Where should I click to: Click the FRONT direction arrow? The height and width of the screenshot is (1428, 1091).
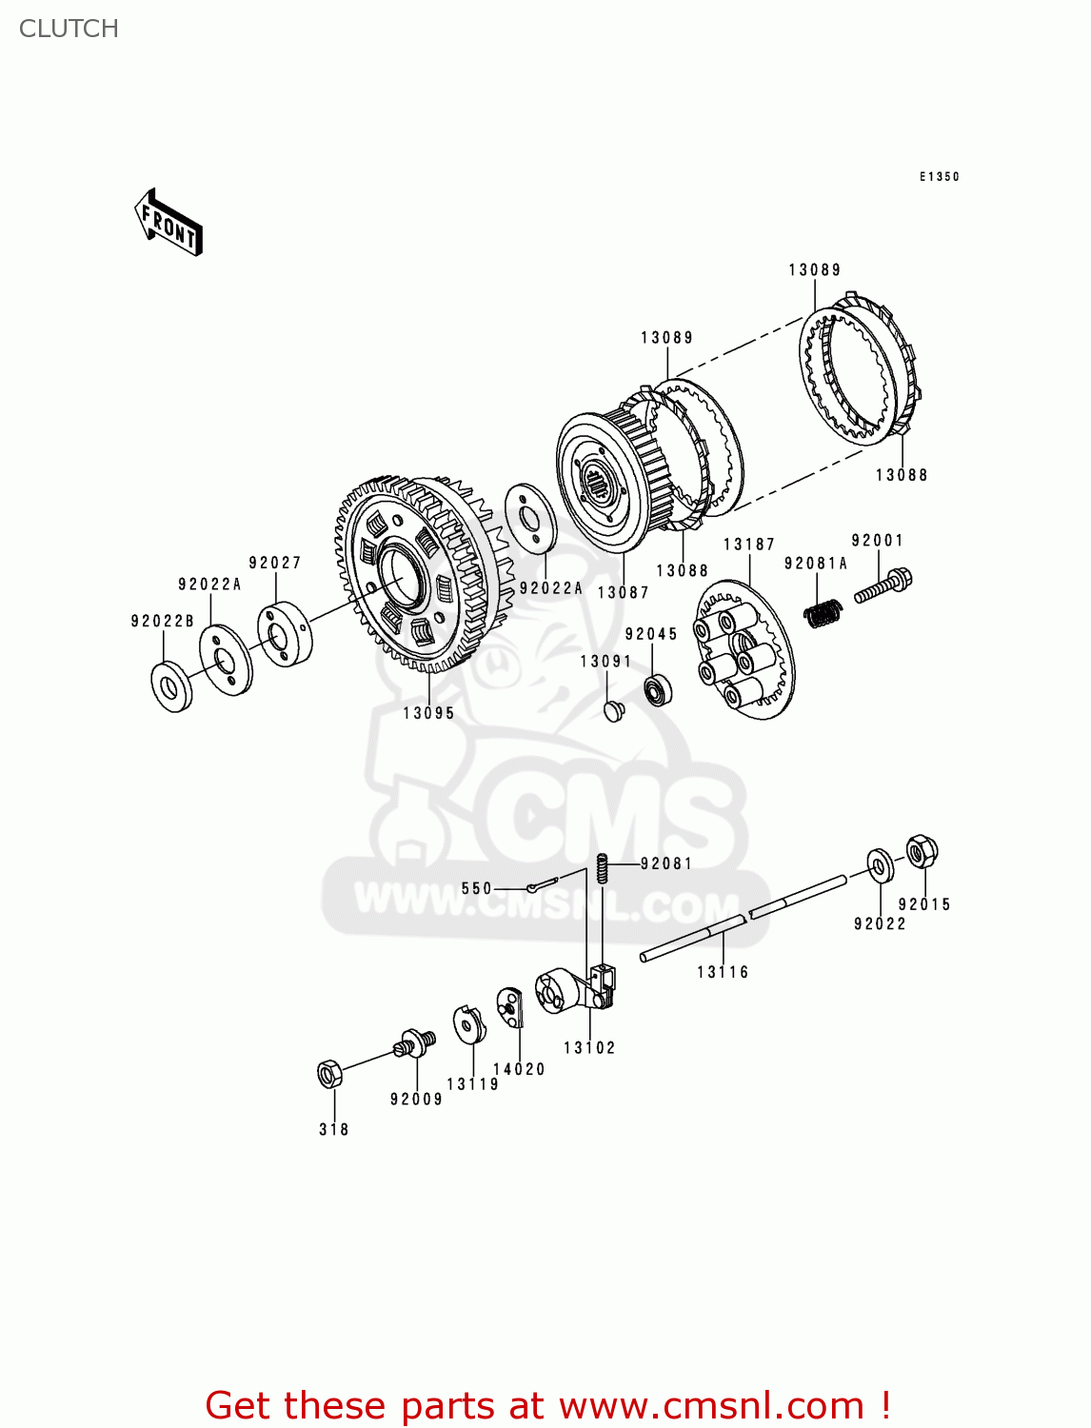point(169,222)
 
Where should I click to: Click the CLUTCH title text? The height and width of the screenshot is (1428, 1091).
point(69,29)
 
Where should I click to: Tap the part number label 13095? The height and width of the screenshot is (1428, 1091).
point(428,713)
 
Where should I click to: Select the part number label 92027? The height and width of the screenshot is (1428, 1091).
point(275,563)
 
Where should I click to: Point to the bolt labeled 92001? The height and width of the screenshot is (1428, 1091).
point(883,585)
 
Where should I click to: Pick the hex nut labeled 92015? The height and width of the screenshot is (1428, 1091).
point(921,851)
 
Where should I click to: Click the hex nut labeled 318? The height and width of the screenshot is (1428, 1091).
point(329,1074)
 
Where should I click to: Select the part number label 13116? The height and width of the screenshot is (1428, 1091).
point(723,972)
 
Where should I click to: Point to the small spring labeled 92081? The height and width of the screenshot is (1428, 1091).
point(602,868)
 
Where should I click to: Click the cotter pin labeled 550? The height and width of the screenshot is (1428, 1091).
point(540,886)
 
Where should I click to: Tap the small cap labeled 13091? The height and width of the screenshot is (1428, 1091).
point(615,710)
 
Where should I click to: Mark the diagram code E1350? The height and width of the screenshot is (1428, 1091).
point(939,177)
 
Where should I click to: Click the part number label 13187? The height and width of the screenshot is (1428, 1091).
point(749,545)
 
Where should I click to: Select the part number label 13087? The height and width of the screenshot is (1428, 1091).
point(623,592)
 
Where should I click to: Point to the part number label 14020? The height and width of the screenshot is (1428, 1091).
point(519,1069)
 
